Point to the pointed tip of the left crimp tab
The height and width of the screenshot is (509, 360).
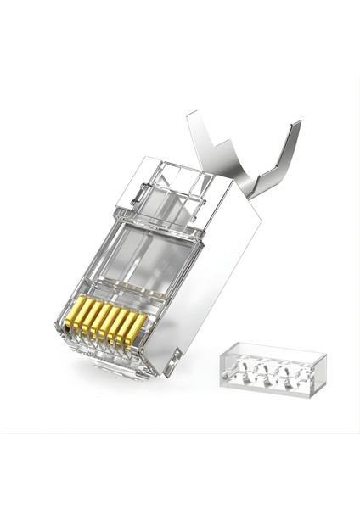pyautogui.click(x=190, y=112)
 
